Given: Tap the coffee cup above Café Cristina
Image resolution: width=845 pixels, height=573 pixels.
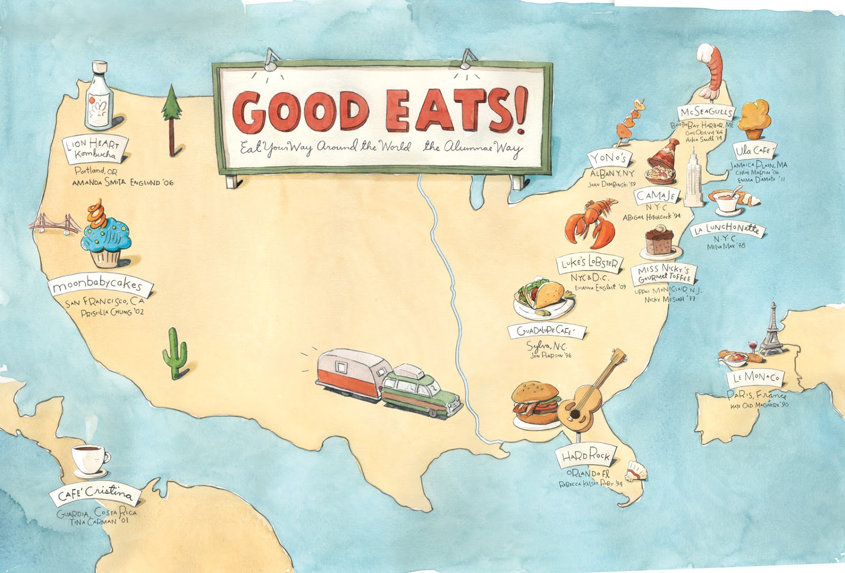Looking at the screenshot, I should (90, 458).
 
